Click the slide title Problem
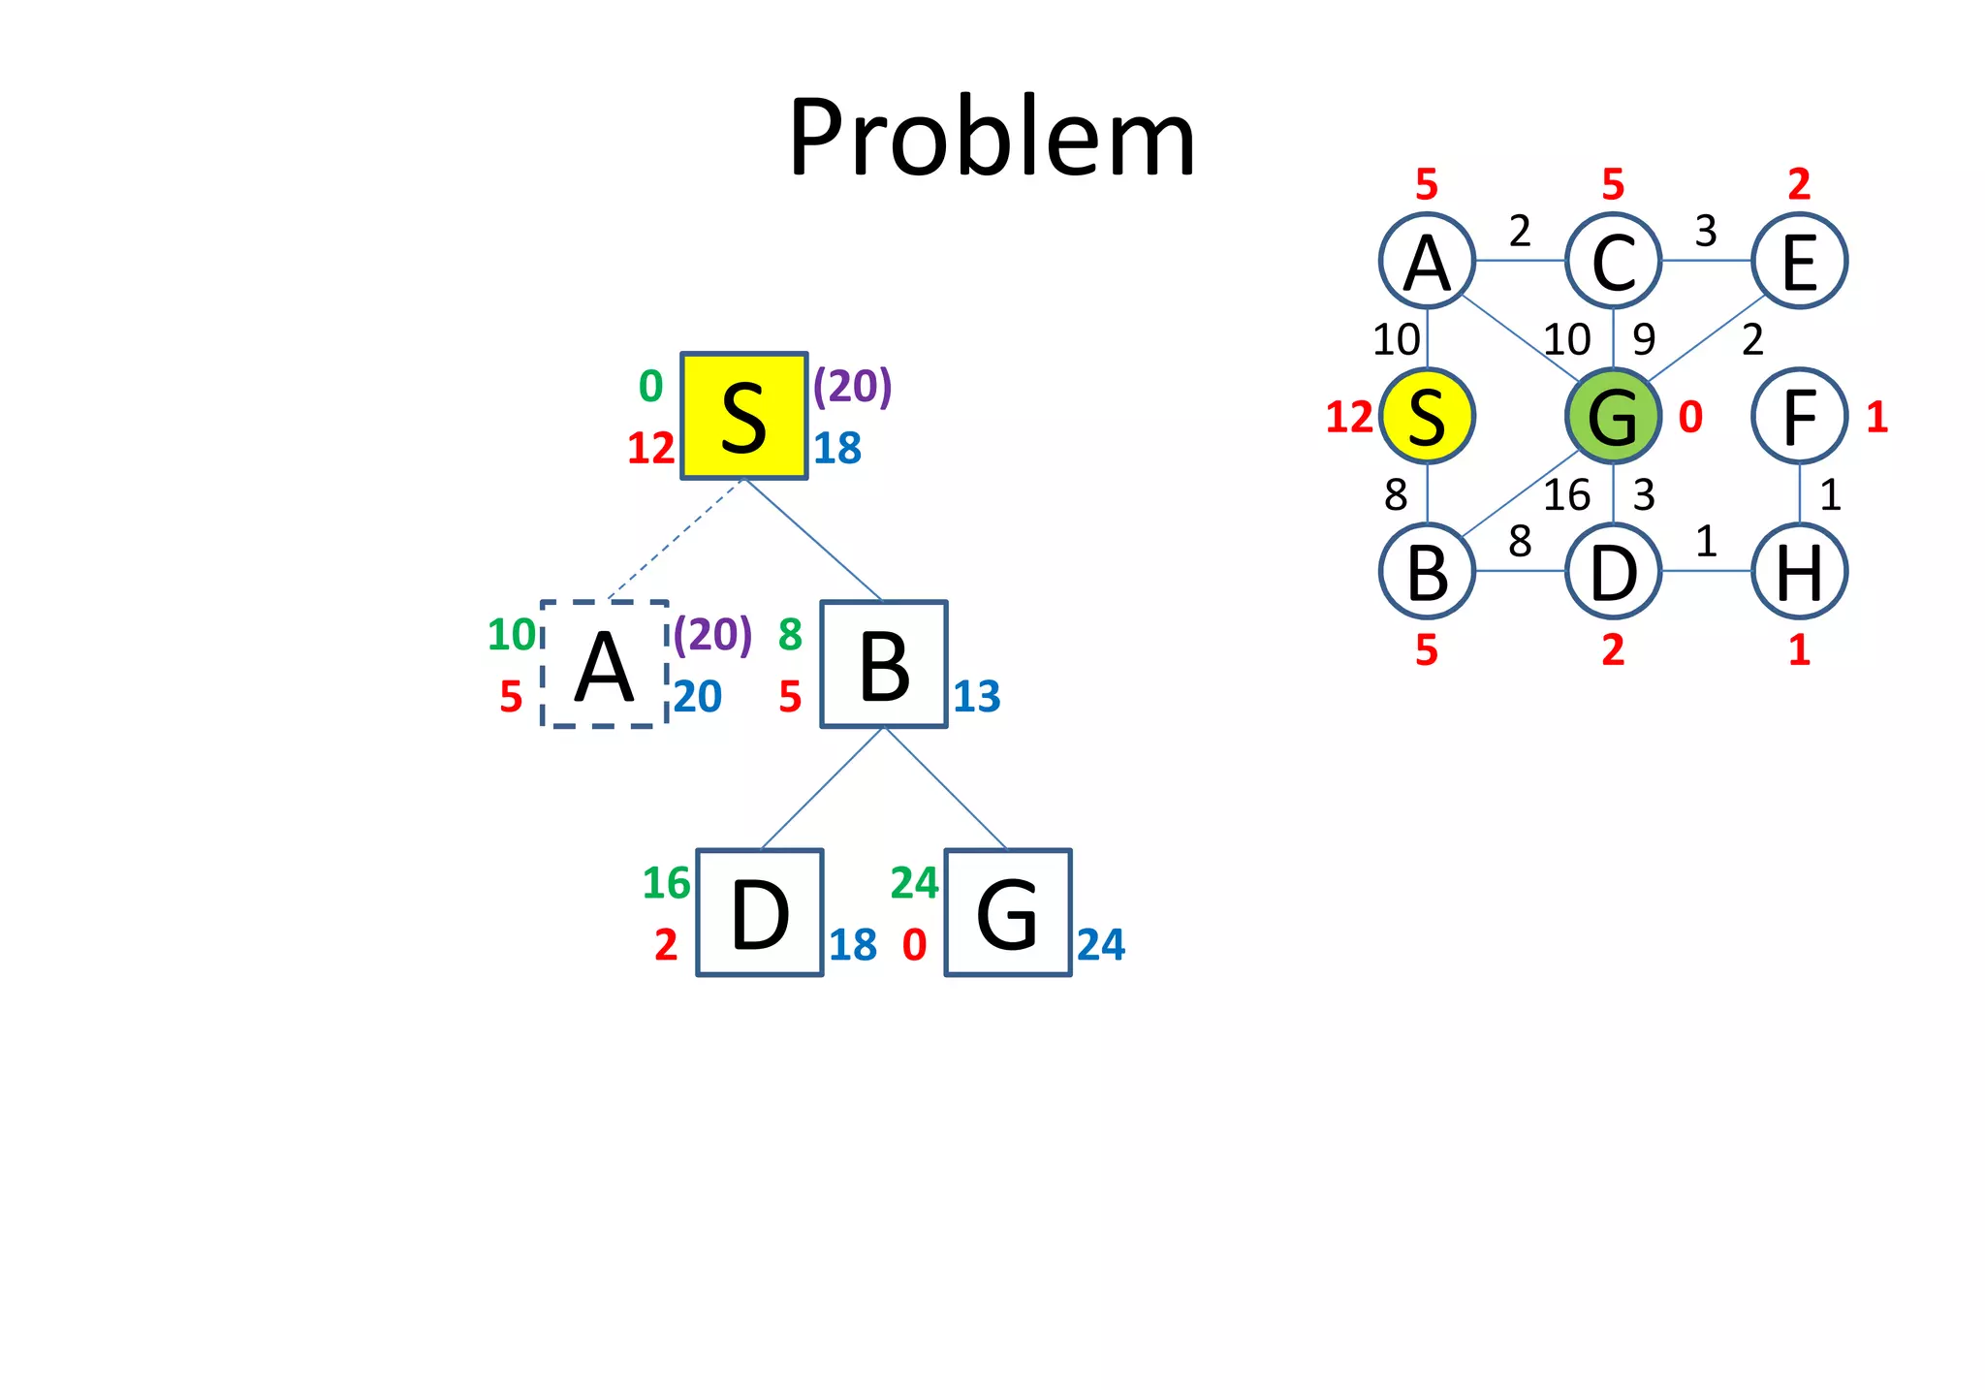(992, 138)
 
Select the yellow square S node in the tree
(743, 416)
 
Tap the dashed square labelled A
(604, 664)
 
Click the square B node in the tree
(884, 664)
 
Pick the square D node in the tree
(760, 913)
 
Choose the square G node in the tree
(1008, 913)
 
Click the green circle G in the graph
(1613, 416)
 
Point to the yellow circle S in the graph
(1427, 416)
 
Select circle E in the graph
(1799, 261)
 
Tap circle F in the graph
(1799, 416)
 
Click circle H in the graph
(1799, 571)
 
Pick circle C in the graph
(1613, 261)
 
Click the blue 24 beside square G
(1101, 945)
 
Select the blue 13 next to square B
(977, 697)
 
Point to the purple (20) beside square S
(852, 386)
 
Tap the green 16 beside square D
(666, 883)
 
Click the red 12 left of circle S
(1349, 418)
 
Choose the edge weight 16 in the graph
(1566, 495)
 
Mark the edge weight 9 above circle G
(1644, 339)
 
